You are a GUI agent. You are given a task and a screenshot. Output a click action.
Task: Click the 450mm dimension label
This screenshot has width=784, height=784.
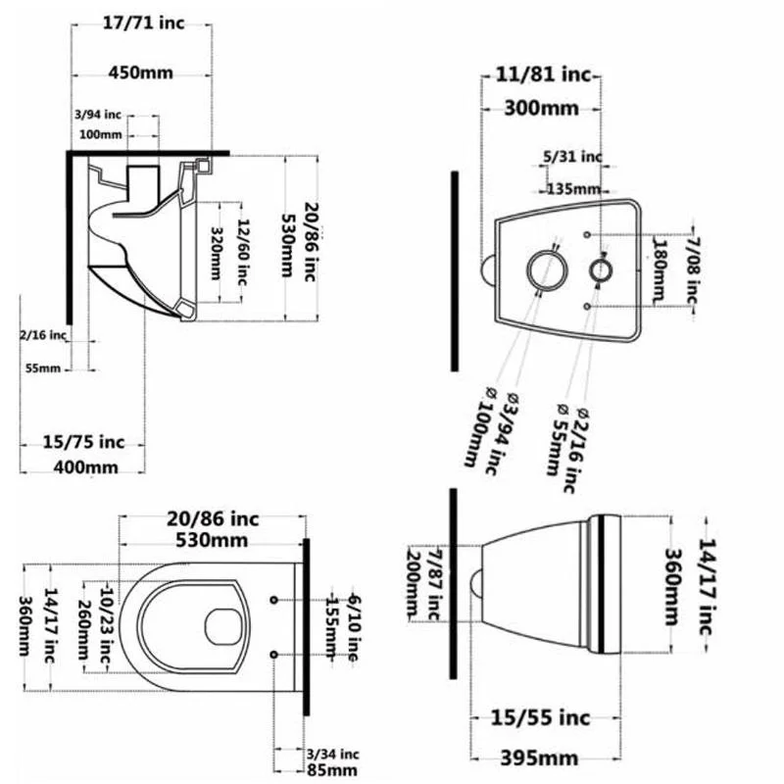pyautogui.click(x=141, y=73)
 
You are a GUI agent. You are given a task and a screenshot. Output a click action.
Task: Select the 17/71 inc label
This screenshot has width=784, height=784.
pyautogui.click(x=143, y=23)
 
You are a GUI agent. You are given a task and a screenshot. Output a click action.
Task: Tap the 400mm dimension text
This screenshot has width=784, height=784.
pyautogui.click(x=86, y=467)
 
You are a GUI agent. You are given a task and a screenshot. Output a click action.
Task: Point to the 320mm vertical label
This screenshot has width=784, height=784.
pyautogui.click(x=216, y=254)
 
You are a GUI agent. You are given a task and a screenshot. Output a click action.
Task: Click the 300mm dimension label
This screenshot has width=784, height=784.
pyautogui.click(x=542, y=108)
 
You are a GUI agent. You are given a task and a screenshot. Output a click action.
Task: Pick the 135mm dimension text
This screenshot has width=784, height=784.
pyautogui.click(x=573, y=189)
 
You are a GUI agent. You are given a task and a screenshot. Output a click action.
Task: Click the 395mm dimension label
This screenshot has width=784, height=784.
pyautogui.click(x=540, y=758)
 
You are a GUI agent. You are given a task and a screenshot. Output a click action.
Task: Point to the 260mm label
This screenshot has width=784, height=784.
pyautogui.click(x=83, y=629)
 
